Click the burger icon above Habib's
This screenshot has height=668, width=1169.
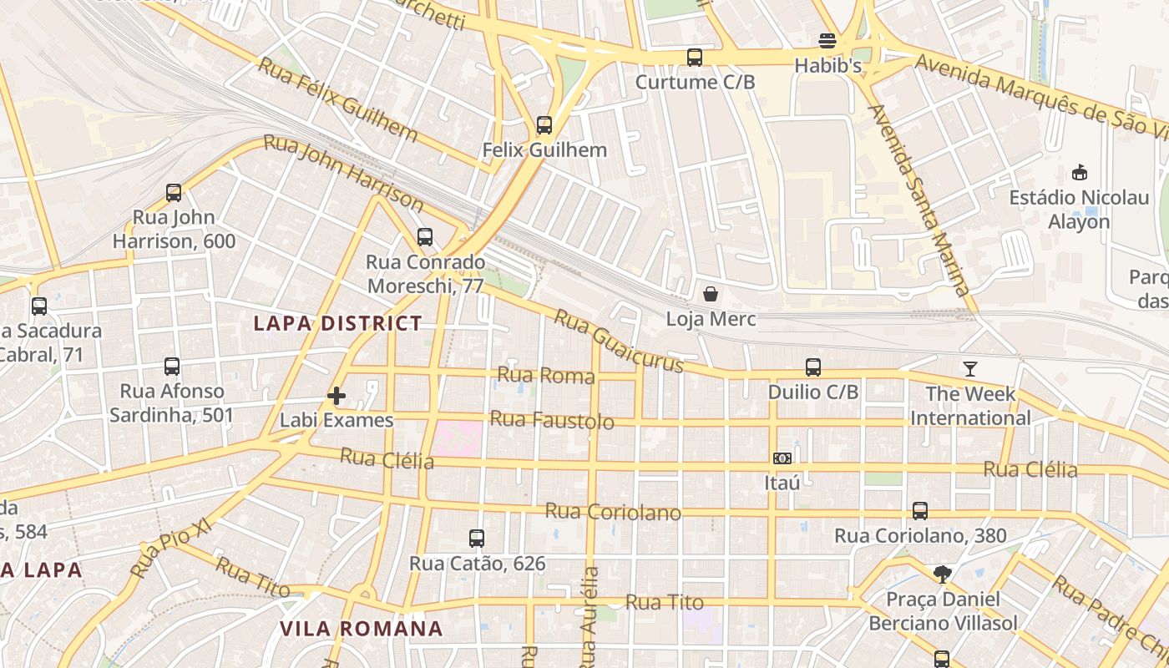[x=827, y=41]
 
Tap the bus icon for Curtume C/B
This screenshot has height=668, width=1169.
[x=695, y=58]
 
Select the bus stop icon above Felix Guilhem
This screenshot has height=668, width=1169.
[x=544, y=125]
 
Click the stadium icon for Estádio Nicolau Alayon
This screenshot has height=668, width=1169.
[x=1079, y=173]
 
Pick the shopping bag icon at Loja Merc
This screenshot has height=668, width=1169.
[x=711, y=294]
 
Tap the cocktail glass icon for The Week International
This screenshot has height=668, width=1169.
[x=969, y=368]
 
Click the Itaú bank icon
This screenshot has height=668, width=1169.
[x=782, y=458]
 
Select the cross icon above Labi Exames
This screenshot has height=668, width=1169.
[x=337, y=395]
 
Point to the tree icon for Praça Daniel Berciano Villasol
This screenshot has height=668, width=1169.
[x=943, y=574]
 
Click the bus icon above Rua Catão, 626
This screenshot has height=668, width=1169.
[x=477, y=539]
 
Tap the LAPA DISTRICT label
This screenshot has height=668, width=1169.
[x=337, y=324]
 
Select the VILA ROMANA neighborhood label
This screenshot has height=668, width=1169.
[x=361, y=629]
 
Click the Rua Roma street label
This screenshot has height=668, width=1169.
[x=546, y=375]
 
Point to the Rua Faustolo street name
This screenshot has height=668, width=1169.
[x=551, y=420]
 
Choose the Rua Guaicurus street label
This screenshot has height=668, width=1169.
[x=618, y=342]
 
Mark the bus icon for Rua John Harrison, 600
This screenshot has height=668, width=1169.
[x=174, y=193]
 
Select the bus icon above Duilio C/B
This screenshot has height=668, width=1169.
[x=813, y=367]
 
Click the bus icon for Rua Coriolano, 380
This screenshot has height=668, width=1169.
[x=920, y=510]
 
